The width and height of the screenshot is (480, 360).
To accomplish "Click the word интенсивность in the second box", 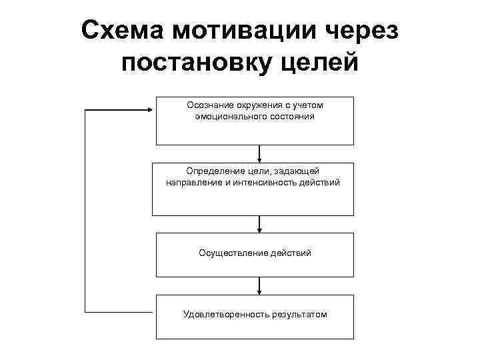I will (x=272, y=182).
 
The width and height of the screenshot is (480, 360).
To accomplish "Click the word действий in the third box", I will (x=291, y=253).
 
